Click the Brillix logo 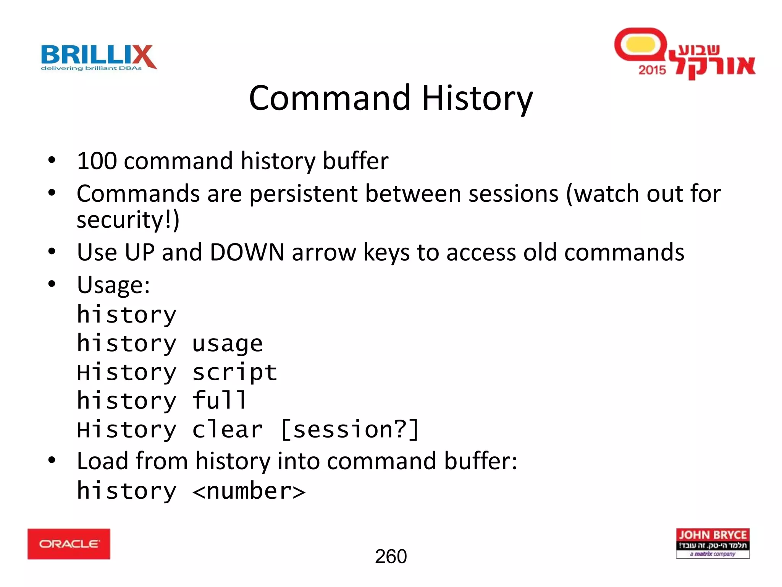click(99, 57)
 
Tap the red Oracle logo click(69, 544)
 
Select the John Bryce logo click(713, 543)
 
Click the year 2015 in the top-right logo click(652, 70)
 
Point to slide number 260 click(391, 556)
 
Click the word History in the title click(477, 99)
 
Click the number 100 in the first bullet click(97, 161)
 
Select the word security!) click(128, 220)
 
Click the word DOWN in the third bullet click(247, 252)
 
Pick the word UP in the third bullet click(139, 252)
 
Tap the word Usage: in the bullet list click(113, 285)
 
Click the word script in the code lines click(234, 373)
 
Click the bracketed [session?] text click(350, 430)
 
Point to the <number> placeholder click(249, 491)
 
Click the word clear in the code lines click(228, 430)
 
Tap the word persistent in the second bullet click(304, 194)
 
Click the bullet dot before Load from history click(52, 460)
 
